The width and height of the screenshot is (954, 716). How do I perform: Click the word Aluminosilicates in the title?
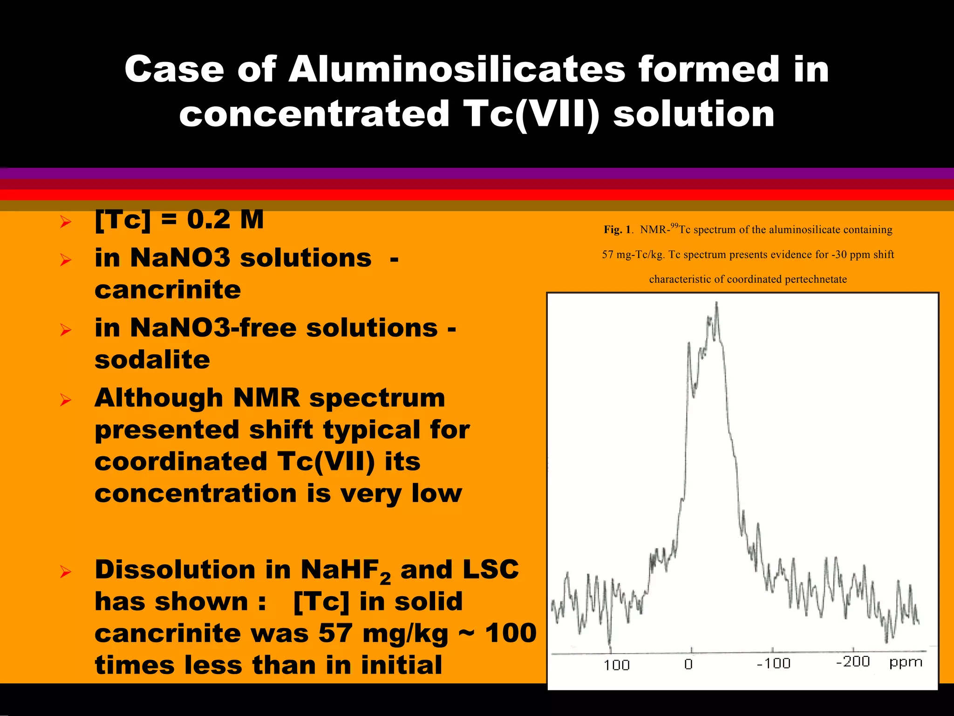(457, 70)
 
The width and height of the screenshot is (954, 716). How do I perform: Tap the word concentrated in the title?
(314, 114)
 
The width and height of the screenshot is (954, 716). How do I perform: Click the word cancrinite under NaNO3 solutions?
(168, 290)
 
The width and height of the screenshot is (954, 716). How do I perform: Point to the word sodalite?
(152, 360)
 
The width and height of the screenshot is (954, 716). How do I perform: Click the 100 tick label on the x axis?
(616, 665)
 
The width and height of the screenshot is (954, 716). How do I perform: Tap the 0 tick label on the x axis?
(688, 664)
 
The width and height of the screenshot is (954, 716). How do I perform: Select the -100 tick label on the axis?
(773, 663)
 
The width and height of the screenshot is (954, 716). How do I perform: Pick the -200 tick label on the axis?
(853, 662)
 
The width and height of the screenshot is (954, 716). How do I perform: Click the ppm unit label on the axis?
(906, 662)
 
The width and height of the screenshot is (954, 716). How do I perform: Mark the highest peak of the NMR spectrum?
(716, 303)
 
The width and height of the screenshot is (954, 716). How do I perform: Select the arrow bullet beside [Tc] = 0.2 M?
(66, 222)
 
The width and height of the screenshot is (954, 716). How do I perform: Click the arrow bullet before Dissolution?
(66, 572)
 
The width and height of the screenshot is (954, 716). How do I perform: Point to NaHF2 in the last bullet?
(345, 571)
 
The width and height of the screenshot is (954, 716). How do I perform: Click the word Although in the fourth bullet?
(158, 398)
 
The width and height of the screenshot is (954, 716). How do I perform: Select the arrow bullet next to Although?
(66, 400)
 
